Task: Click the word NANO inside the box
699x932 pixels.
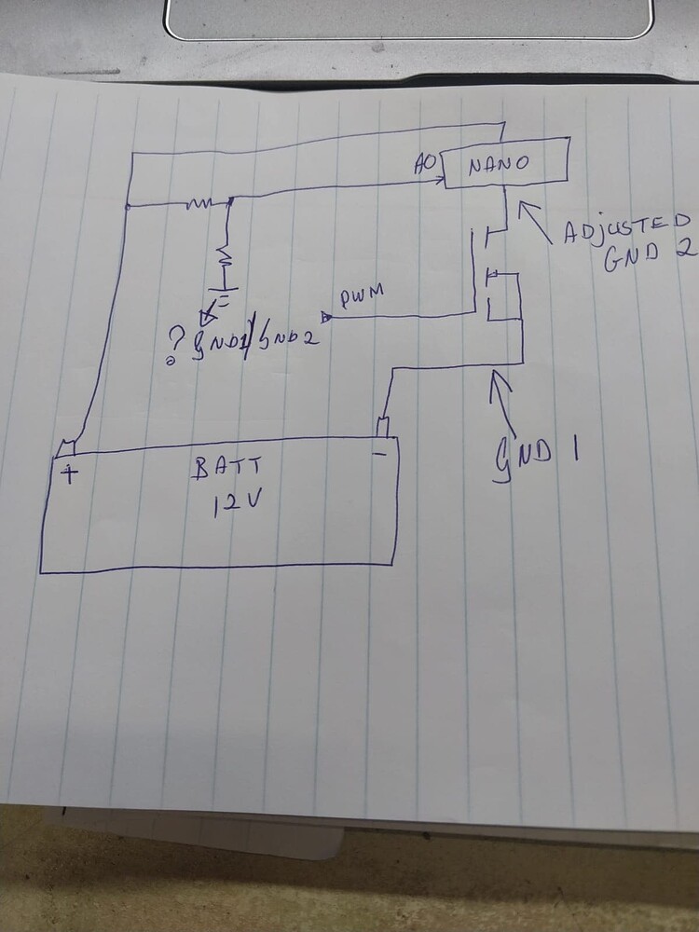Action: (x=499, y=165)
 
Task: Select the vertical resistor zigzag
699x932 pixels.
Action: (x=225, y=254)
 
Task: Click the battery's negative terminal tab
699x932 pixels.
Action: (x=383, y=428)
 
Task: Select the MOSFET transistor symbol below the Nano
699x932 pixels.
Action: (x=494, y=275)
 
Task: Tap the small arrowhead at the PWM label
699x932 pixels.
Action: (x=326, y=317)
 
